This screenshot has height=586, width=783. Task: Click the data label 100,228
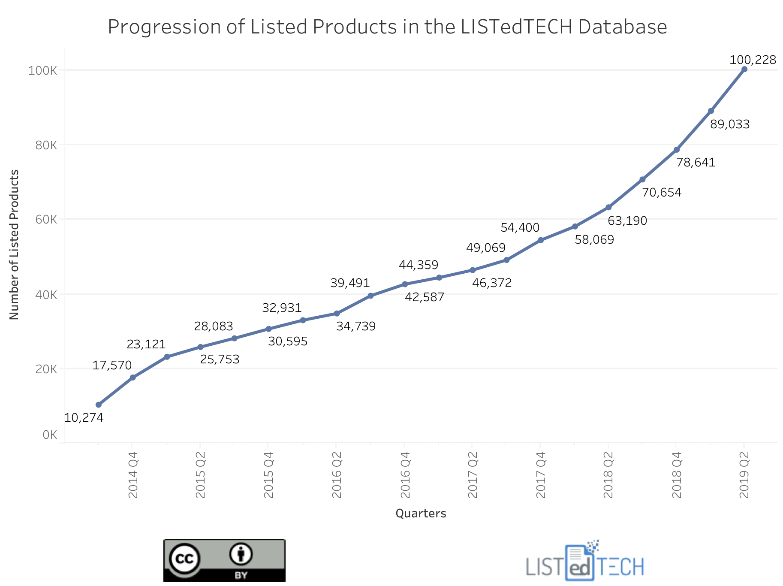tap(753, 60)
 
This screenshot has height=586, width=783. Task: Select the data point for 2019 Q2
tap(744, 69)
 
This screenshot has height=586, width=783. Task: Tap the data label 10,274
tap(84, 417)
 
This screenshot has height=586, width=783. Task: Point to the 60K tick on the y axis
tap(46, 220)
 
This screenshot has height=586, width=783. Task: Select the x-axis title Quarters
tap(421, 514)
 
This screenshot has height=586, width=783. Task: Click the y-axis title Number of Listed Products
tap(15, 245)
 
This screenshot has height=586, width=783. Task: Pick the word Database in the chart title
tap(622, 27)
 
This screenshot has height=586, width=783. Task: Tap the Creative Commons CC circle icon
tap(185, 559)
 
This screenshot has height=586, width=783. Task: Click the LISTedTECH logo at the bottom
tap(585, 562)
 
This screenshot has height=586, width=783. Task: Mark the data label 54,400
tap(520, 228)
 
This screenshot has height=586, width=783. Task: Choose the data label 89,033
tap(730, 124)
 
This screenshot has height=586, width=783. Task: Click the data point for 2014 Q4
tap(133, 378)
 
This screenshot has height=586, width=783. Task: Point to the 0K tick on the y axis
tap(50, 435)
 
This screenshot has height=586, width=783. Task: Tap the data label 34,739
tap(355, 326)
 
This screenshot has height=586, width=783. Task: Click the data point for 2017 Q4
tap(541, 240)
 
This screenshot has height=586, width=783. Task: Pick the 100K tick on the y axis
tap(42, 71)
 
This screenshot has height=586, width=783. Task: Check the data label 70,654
tap(662, 193)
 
